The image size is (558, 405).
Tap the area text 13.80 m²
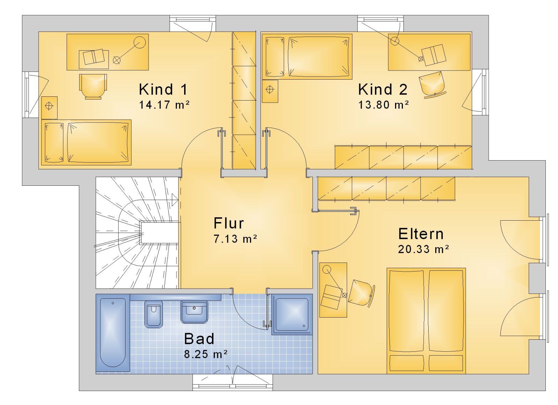384,105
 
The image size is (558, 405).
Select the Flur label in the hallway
228,223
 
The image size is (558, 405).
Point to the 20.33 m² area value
423,249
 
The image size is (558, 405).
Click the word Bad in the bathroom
199,339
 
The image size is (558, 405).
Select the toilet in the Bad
153,314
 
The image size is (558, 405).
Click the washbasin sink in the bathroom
194,312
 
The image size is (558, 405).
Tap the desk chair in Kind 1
93,86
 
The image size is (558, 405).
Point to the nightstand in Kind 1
49,108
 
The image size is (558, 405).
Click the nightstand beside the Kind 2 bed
270,91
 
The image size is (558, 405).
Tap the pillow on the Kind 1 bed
54,142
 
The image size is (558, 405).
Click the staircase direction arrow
175,200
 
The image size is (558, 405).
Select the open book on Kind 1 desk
94,57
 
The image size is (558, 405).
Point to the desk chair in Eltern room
361,293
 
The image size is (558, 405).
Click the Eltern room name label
421,234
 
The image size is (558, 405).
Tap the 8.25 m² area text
206,354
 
